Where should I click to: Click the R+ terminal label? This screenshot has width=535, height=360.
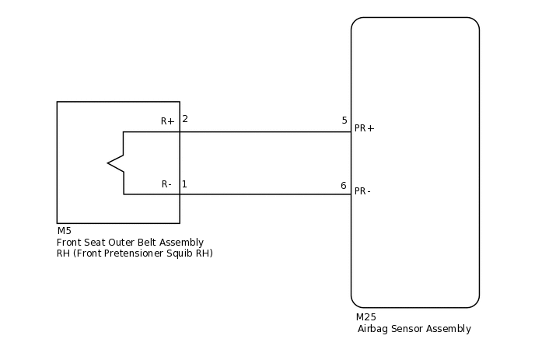click(167, 121)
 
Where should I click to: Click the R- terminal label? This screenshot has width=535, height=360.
click(166, 184)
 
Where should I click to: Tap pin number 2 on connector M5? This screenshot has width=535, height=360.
click(185, 119)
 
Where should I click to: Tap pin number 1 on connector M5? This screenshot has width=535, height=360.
click(184, 184)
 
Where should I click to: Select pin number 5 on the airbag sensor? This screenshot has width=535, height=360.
click(344, 121)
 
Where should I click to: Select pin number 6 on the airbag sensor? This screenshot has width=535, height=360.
click(344, 186)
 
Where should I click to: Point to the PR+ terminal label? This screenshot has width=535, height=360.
click(364, 128)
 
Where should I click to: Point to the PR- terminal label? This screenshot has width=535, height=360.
click(362, 191)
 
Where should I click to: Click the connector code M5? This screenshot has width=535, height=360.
click(64, 231)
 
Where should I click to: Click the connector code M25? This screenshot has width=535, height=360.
click(366, 317)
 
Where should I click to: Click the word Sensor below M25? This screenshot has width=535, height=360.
click(410, 329)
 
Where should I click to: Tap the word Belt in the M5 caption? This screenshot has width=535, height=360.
click(147, 243)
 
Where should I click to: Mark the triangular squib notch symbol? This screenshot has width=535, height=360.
click(116, 163)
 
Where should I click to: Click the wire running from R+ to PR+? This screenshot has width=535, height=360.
click(264, 132)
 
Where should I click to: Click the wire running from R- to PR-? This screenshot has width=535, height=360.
click(264, 194)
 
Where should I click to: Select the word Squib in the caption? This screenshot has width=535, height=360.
click(180, 253)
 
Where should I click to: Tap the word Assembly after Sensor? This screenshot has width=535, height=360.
click(450, 329)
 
